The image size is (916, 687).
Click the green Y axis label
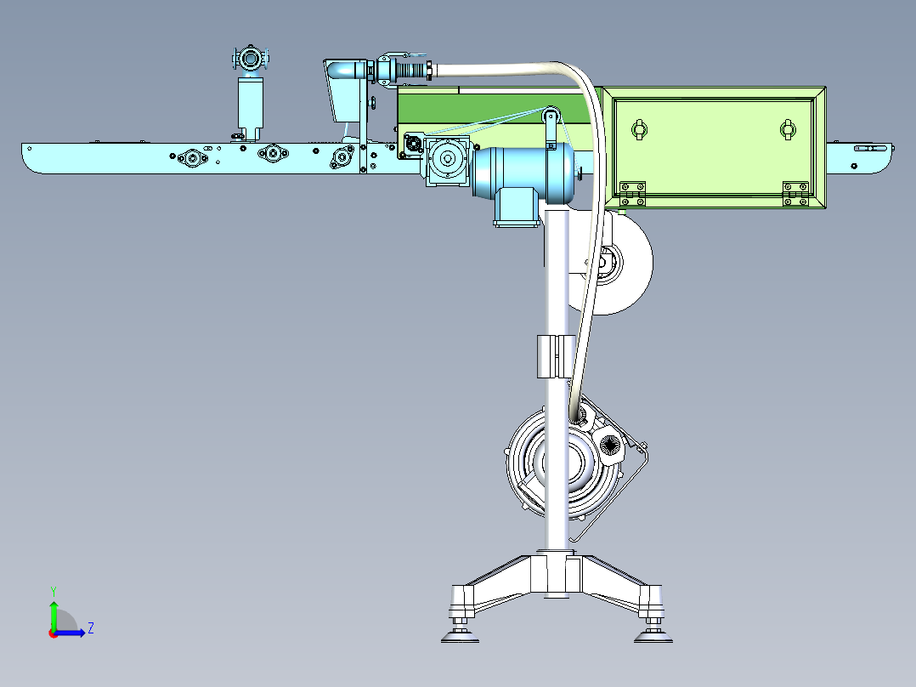coord(54,591)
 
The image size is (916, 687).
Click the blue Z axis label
coord(91,628)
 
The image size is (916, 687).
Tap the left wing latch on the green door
coord(640,128)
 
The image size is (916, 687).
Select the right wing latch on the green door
coord(788,129)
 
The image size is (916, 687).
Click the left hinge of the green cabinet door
coord(633,193)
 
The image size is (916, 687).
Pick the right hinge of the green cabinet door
coord(795,194)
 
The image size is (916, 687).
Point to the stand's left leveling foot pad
coord(460,637)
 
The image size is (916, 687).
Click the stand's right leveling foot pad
coord(653,637)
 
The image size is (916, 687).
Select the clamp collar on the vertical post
coord(556,356)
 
